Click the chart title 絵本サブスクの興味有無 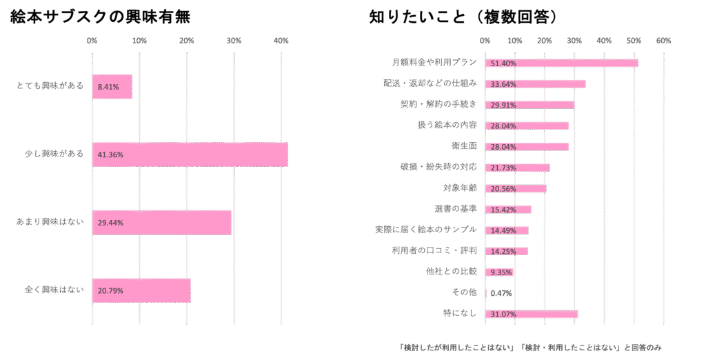101,17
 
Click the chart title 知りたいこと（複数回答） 463,17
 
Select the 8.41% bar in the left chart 112,87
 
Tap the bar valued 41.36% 190,154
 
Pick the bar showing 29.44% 161,223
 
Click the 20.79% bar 141,290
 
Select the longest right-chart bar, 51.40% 561,63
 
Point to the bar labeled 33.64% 535,84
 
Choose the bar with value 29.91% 529,105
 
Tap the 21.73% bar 518,168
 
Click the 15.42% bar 508,209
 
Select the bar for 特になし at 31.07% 531,314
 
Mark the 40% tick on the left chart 281,41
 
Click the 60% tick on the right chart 664,41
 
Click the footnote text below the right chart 530,346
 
